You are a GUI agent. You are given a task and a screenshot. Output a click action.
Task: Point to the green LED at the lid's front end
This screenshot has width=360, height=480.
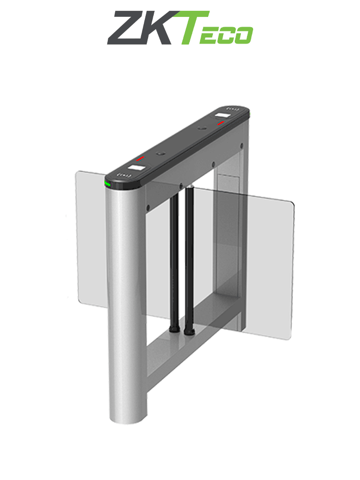click(x=108, y=184)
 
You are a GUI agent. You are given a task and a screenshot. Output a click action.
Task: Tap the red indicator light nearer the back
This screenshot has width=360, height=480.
click(x=221, y=123)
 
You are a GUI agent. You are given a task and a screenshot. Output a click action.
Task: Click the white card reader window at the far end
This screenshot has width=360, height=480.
click(x=221, y=116)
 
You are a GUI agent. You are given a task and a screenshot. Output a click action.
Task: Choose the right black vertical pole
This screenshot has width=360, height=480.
click(x=189, y=258)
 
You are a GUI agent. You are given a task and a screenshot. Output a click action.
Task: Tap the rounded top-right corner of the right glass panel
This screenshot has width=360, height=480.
click(x=291, y=204)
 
